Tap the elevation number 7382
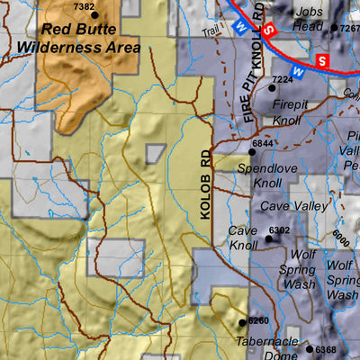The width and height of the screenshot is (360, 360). (x=84, y=7)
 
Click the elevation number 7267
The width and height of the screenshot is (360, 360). (x=349, y=28)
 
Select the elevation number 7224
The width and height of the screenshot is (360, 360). (x=283, y=80)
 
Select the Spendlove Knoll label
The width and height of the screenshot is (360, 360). (x=261, y=175)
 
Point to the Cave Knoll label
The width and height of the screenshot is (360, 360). (x=243, y=238)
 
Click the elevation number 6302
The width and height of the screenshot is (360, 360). (x=280, y=230)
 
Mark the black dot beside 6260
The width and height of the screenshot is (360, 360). (x=241, y=321)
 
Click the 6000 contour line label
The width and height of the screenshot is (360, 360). (x=339, y=239)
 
